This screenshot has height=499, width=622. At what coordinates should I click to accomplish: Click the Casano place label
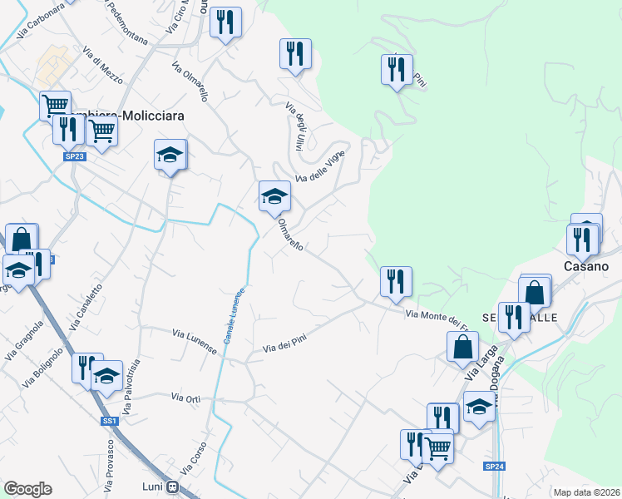pos(586,267)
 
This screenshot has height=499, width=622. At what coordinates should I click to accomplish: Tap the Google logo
pos(27,489)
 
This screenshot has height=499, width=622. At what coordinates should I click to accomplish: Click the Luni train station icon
pos(173,487)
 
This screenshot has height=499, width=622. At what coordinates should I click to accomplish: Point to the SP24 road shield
pos(495,467)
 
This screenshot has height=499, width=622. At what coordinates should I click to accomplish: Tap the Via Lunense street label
pos(194,341)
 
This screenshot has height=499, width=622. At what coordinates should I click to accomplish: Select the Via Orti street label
pos(185,399)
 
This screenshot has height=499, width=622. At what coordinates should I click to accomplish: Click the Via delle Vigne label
pos(320,166)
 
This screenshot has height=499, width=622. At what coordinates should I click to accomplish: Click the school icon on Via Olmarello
pos(274,197)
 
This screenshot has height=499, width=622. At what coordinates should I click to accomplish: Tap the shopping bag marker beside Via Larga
pos(462,347)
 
